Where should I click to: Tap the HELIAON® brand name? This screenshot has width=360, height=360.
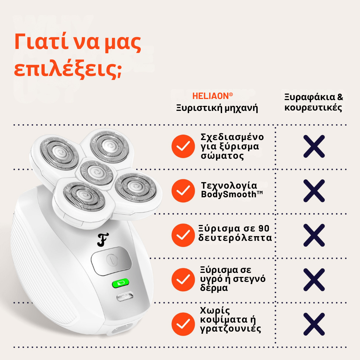[212, 96]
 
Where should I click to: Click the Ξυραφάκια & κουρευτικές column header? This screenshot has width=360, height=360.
[313, 103]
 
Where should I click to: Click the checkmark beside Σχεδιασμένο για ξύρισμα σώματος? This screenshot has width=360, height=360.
[183, 146]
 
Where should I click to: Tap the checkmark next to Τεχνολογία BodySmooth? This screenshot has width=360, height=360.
[183, 190]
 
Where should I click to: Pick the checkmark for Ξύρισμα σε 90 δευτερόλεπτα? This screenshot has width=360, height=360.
[183, 235]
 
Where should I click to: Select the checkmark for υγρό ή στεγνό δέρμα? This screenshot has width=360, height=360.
[183, 279]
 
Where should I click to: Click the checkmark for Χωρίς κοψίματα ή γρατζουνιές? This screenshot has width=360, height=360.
[183, 324]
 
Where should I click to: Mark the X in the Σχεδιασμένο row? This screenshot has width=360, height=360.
[314, 146]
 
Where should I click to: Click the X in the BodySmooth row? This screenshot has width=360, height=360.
[314, 190]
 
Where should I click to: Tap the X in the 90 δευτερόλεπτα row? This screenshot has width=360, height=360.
[314, 235]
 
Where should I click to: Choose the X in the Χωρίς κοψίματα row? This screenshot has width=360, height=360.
[314, 324]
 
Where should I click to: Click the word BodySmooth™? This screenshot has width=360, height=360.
[232, 194]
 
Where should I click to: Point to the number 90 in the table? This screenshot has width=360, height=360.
[264, 229]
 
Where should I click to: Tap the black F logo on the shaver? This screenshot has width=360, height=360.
[103, 240]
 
